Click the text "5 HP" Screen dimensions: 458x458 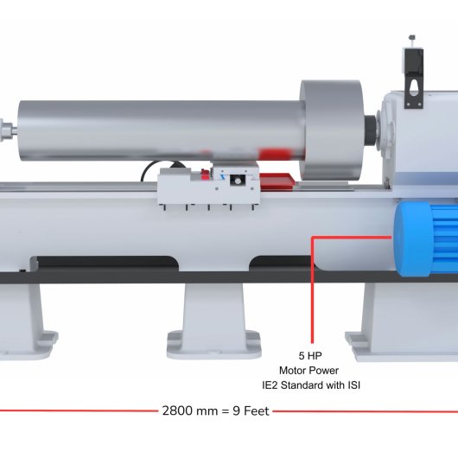coord(310,356)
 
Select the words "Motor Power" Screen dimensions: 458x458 coord(309,371)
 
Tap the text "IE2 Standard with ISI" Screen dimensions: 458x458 coord(311,385)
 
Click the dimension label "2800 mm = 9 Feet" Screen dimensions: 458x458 coord(215,411)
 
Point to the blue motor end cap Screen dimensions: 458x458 coord(412,239)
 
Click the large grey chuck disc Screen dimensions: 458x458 coord(332,130)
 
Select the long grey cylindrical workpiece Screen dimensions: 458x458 coord(161,130)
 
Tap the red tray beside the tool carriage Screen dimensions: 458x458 coord(277,181)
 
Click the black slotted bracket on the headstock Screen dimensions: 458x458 coord(414,79)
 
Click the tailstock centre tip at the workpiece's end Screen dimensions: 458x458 coord(8,129)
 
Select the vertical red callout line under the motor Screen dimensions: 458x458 coord(312,289)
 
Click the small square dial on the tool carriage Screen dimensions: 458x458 coord(238,181)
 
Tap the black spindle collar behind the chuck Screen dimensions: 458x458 coord(371,130)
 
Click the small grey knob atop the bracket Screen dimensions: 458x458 coord(412,37)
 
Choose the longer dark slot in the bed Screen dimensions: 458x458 coord(106,263)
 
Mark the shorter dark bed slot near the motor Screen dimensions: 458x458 coord(280,263)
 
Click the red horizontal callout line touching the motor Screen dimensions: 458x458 coord(352,238)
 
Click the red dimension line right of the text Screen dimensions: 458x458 coord(366,411)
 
